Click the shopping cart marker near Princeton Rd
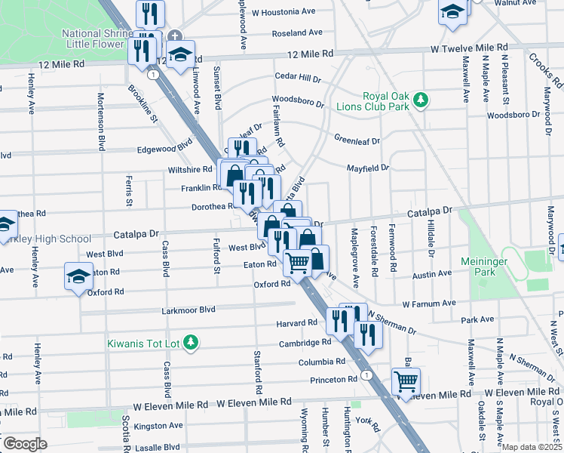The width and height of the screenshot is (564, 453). click(406, 381)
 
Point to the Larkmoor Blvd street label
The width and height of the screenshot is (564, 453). click(189, 310)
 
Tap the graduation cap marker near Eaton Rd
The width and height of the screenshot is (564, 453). click(78, 275)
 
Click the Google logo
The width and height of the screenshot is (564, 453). click(24, 444)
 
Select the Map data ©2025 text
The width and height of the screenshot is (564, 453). click(532, 447)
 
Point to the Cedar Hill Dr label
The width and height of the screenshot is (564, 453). click(299, 78)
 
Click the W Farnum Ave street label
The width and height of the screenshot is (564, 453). click(430, 304)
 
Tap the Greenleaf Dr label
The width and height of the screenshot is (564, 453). click(357, 140)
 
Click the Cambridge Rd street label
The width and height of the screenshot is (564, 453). click(305, 342)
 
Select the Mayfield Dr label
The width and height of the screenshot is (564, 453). click(368, 168)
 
